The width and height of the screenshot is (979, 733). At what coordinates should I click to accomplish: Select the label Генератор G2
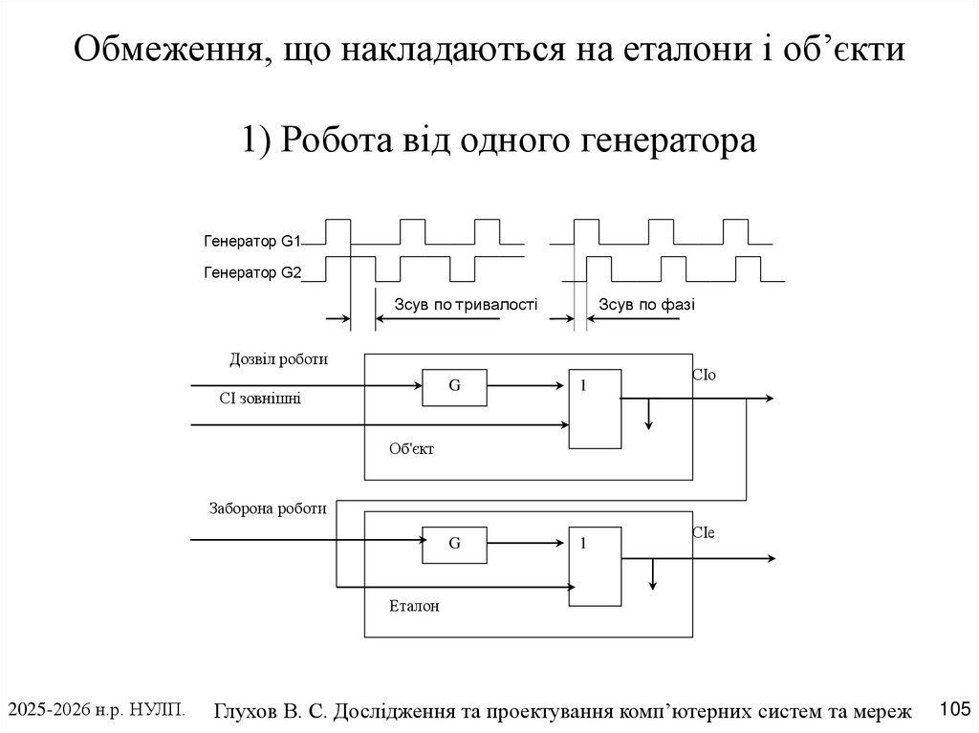pos(252,273)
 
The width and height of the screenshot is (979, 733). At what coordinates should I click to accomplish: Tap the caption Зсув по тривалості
pos(466,305)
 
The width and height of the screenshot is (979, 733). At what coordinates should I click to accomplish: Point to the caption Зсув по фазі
pos(646,305)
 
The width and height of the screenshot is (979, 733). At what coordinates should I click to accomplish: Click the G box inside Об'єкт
pos(454,385)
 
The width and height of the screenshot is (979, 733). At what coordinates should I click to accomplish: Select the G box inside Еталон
pos(454,543)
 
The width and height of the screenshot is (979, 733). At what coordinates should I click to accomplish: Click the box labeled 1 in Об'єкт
pos(594,408)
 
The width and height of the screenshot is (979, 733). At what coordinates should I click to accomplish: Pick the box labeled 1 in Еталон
pos(594,566)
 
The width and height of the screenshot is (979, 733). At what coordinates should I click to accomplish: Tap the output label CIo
pos(703,376)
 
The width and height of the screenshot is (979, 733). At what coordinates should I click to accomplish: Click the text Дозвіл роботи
pos(278,360)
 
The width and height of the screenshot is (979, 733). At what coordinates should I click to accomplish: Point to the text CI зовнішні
pos(260,399)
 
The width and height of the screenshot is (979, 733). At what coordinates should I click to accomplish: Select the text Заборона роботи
pos(268,508)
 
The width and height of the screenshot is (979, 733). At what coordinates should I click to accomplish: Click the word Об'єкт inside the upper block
pos(411,448)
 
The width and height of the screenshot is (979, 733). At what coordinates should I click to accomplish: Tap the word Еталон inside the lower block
pos(414,606)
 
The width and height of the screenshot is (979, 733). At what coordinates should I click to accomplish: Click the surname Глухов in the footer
pos(250,710)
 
